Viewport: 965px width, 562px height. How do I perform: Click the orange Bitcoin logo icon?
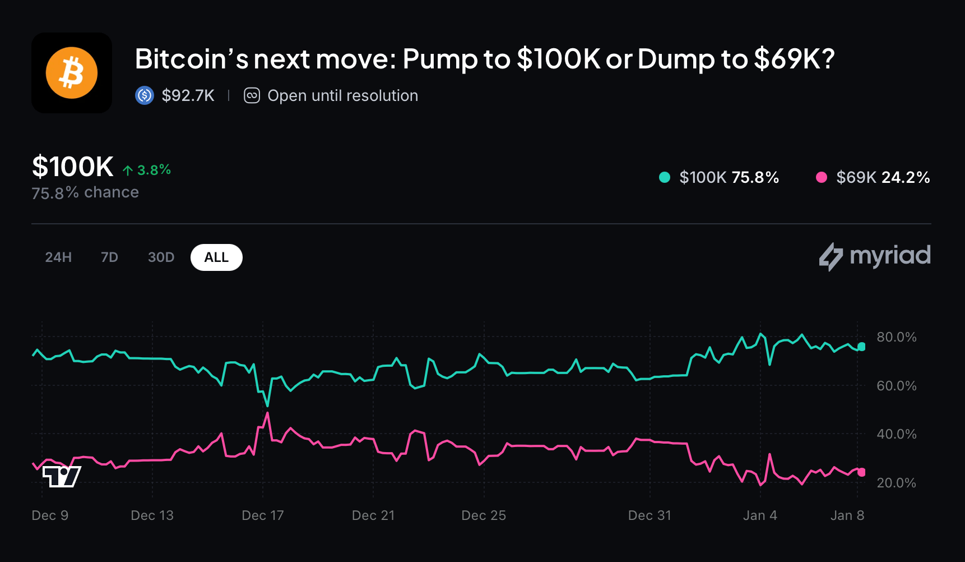tap(72, 73)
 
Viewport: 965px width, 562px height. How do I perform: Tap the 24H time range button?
tap(58, 257)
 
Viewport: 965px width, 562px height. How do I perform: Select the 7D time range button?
tap(109, 257)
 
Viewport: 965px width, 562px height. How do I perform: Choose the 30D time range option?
tap(161, 257)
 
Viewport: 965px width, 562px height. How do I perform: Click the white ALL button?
tap(216, 257)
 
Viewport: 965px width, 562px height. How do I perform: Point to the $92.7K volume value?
tap(188, 96)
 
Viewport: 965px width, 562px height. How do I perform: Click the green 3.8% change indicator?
tap(147, 170)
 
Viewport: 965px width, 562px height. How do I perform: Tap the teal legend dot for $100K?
tap(665, 177)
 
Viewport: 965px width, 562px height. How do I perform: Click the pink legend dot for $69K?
tap(822, 177)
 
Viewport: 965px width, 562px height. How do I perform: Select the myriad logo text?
tap(889, 256)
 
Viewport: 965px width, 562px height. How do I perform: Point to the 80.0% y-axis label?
tap(896, 337)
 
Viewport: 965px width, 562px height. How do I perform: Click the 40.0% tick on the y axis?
tap(896, 434)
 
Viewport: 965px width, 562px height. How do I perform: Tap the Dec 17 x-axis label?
tap(263, 515)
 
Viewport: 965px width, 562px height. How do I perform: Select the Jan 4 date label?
tap(760, 515)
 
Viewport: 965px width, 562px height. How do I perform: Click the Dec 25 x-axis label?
tap(484, 515)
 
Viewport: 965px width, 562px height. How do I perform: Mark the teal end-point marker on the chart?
tap(861, 347)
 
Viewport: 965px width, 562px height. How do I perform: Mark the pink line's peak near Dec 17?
tap(267, 413)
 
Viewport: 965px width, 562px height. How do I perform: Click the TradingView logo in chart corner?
tap(62, 477)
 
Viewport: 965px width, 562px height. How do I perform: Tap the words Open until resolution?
tap(342, 96)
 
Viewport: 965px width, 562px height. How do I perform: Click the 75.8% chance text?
tap(85, 192)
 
